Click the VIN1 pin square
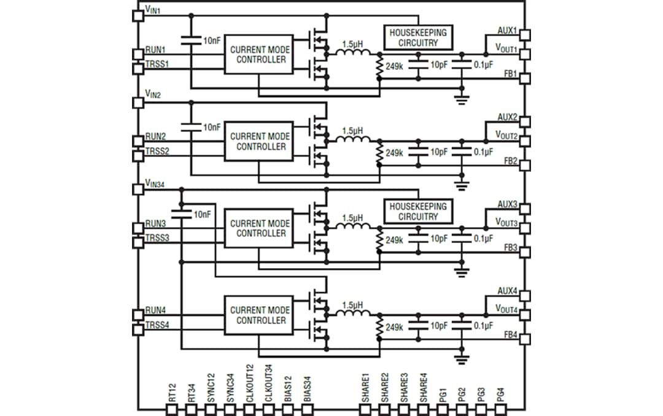pyautogui.click(x=138, y=15)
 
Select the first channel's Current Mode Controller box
pyautogui.click(x=258, y=55)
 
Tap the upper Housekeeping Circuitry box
pyautogui.click(x=417, y=38)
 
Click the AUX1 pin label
pyautogui.click(x=507, y=30)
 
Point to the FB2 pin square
pyautogui.click(x=525, y=166)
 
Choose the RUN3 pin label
pyautogui.click(x=155, y=223)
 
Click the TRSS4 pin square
pyautogui.click(x=138, y=330)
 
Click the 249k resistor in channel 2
pyautogui.click(x=380, y=152)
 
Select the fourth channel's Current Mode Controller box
pyautogui.click(x=258, y=315)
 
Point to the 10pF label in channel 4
pyautogui.click(x=440, y=326)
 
